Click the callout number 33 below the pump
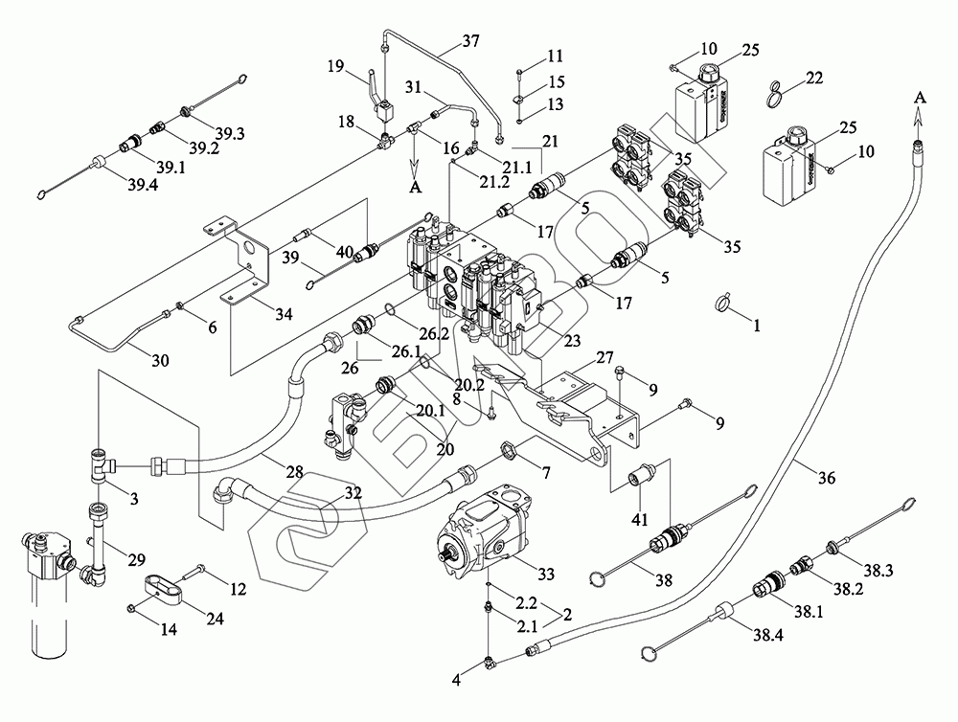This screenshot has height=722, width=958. click(x=546, y=574)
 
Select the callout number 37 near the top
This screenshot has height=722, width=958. click(x=470, y=41)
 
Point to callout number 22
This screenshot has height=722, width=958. click(x=814, y=78)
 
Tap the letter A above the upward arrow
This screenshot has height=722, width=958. click(x=921, y=97)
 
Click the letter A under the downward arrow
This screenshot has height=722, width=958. click(x=416, y=189)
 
